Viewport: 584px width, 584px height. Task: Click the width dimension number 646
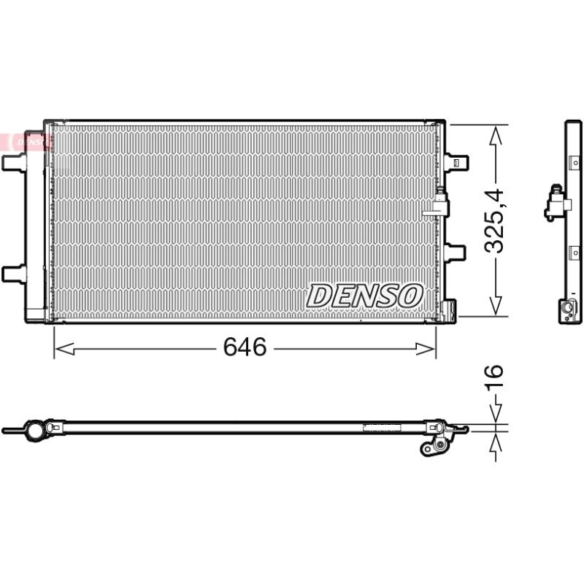245,347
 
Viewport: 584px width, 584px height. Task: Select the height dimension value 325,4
494,221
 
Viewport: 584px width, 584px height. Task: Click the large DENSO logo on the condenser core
365,296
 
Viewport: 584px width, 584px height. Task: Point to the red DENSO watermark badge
25,142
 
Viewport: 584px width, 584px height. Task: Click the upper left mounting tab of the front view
14,163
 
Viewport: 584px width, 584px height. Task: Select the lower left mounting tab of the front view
14,274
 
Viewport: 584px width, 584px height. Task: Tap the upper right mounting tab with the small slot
456,162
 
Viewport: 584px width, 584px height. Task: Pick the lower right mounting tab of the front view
455,253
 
